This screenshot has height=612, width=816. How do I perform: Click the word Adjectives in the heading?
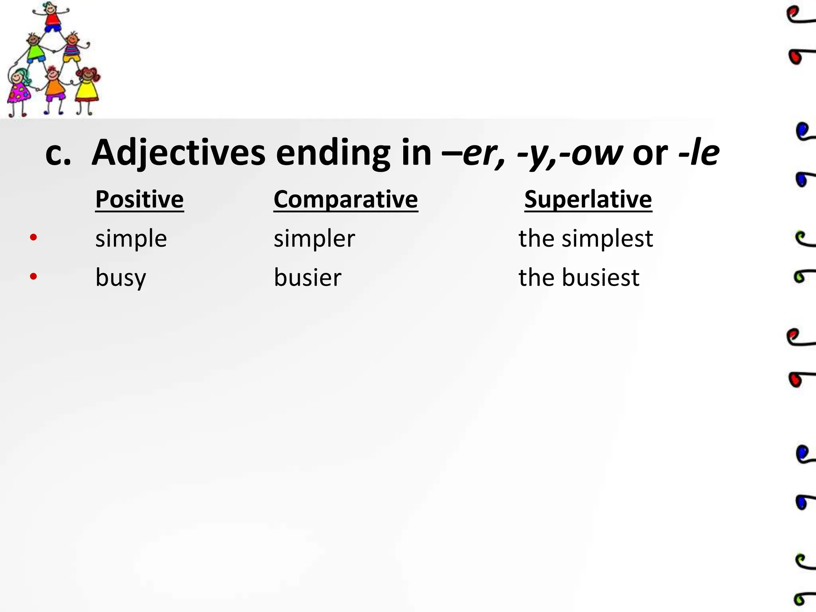178,153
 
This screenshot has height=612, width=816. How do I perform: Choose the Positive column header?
139,199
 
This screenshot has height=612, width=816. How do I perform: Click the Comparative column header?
345,199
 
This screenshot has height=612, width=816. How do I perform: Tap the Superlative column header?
588,199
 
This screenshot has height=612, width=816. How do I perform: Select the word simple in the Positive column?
131,239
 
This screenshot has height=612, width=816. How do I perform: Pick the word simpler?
314,239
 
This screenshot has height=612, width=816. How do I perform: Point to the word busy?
121,278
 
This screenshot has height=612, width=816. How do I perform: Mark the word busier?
307,277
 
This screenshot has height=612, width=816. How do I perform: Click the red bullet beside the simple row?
33,237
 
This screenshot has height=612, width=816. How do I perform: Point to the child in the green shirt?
35,49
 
